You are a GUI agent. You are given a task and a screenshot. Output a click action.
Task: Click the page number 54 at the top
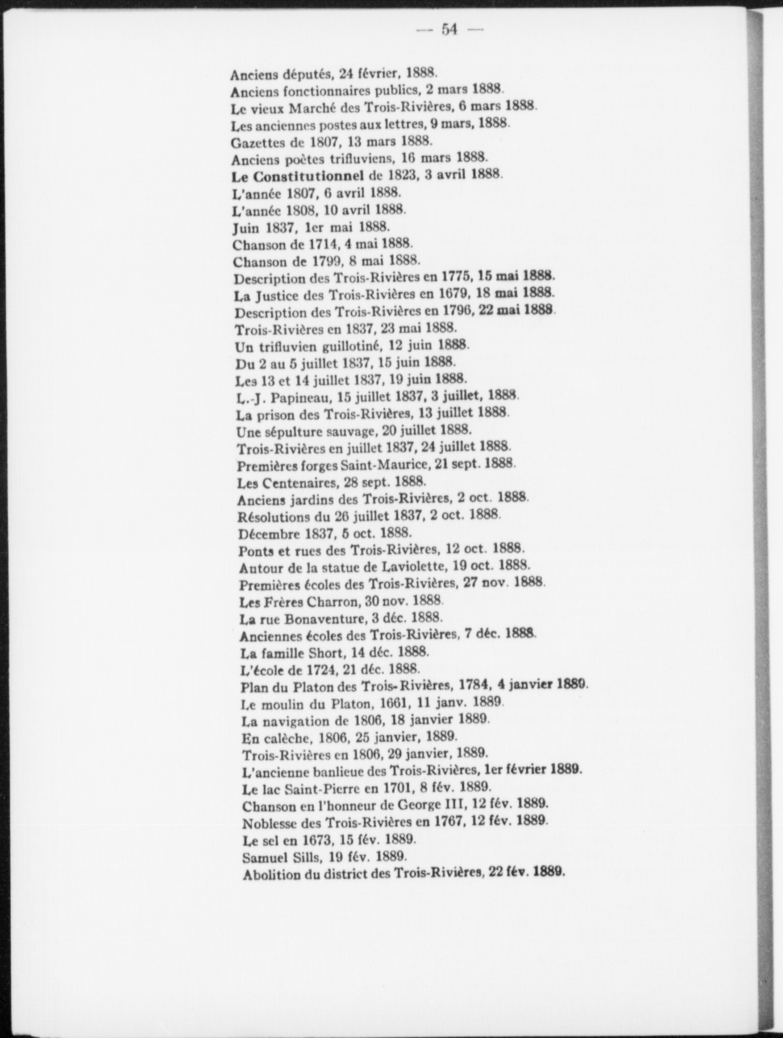pos(449,30)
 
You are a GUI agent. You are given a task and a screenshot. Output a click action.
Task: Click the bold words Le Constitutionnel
pos(298,176)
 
